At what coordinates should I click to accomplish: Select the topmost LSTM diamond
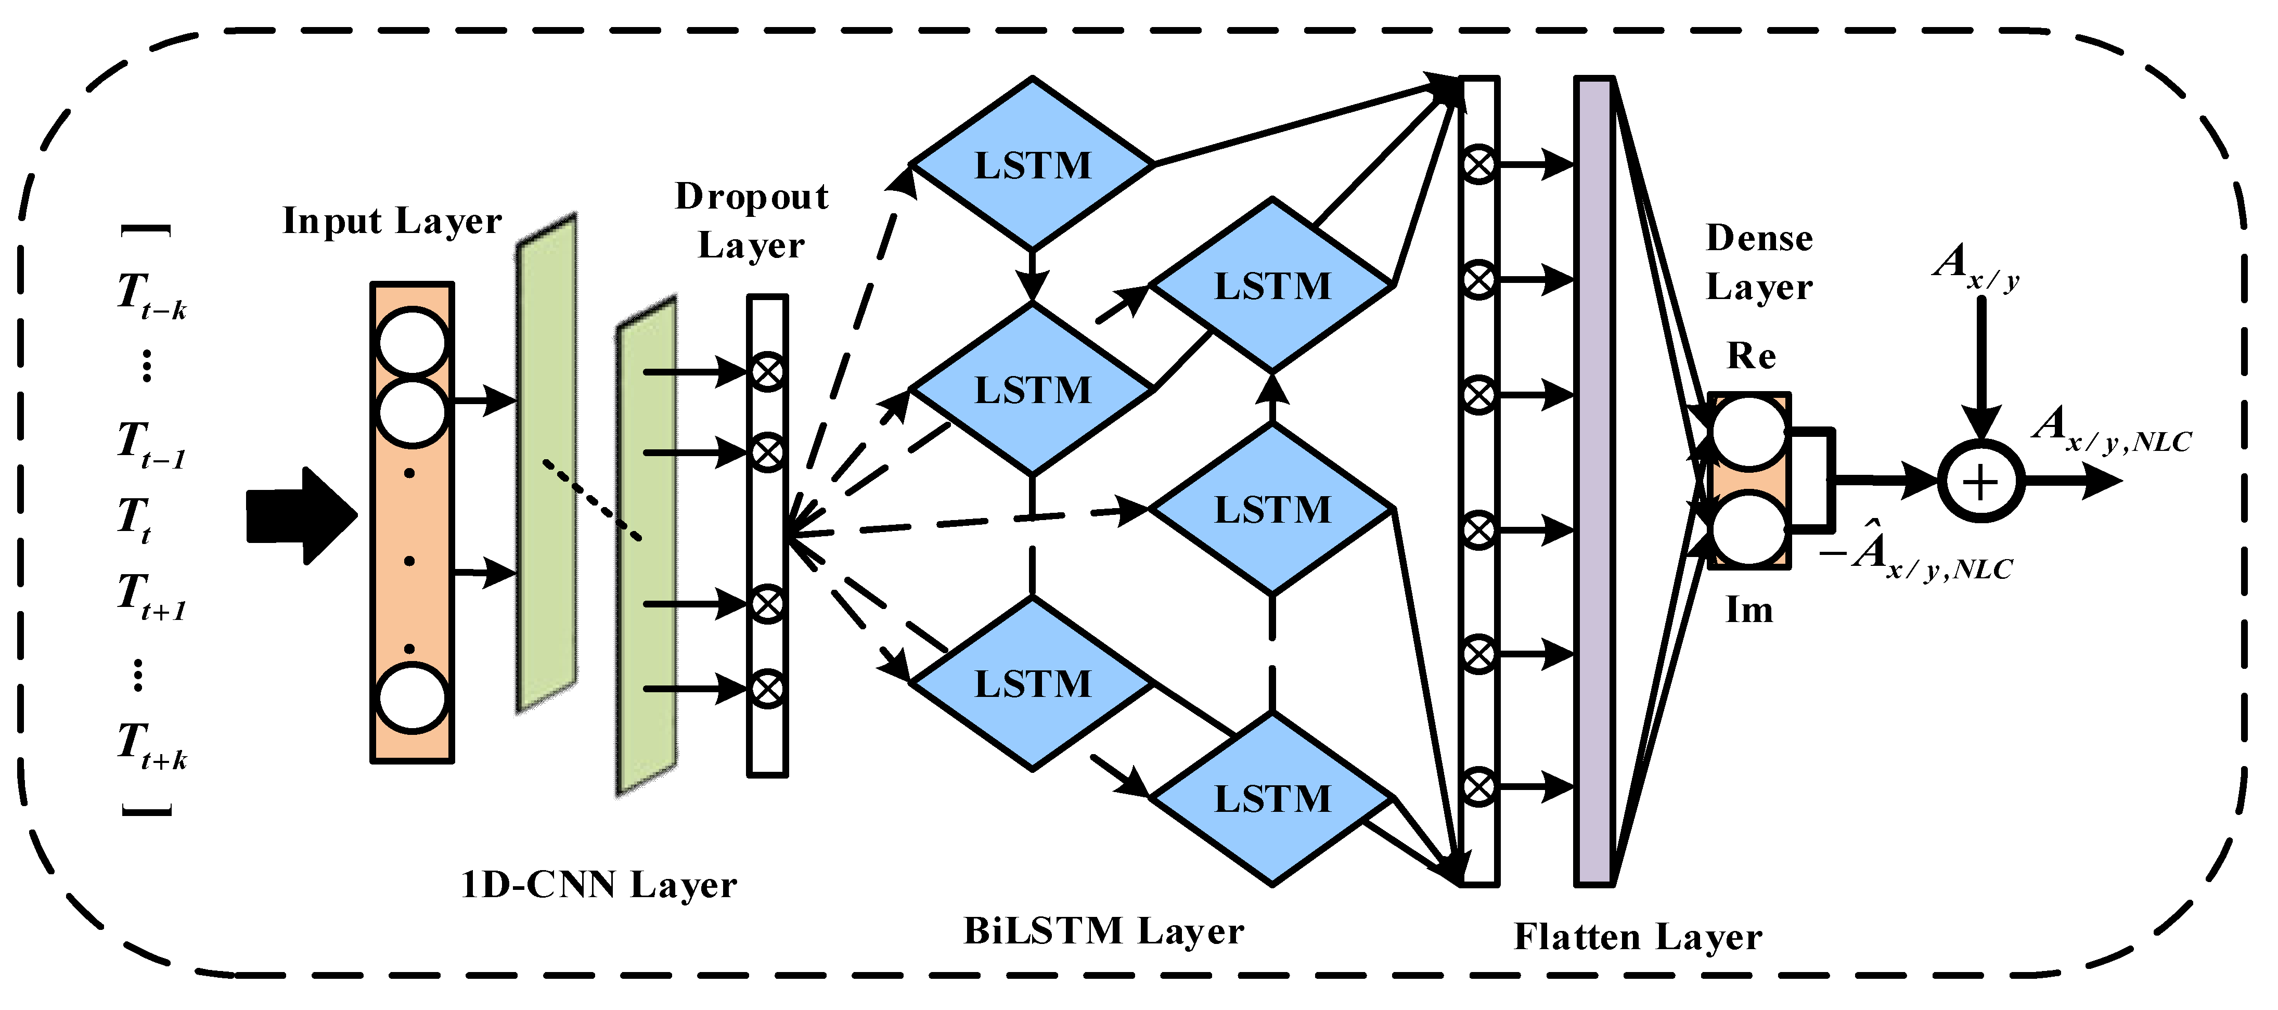pos(1032,164)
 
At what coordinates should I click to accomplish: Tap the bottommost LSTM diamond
pos(1271,799)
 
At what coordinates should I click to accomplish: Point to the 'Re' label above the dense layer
pos(1751,356)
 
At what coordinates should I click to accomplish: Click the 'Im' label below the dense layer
pos(1749,610)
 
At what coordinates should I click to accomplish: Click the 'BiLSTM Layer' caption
pos(1103,930)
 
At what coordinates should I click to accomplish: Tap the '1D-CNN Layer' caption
pos(599,885)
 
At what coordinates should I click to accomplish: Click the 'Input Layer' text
pos(392,220)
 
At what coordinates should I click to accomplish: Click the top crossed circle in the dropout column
pos(767,371)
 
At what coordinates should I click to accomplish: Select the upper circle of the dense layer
pos(1748,433)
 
